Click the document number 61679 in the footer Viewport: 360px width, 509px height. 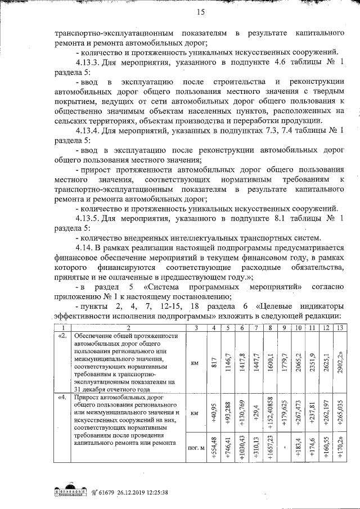(x=109, y=490)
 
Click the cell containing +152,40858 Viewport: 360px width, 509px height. (x=271, y=415)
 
